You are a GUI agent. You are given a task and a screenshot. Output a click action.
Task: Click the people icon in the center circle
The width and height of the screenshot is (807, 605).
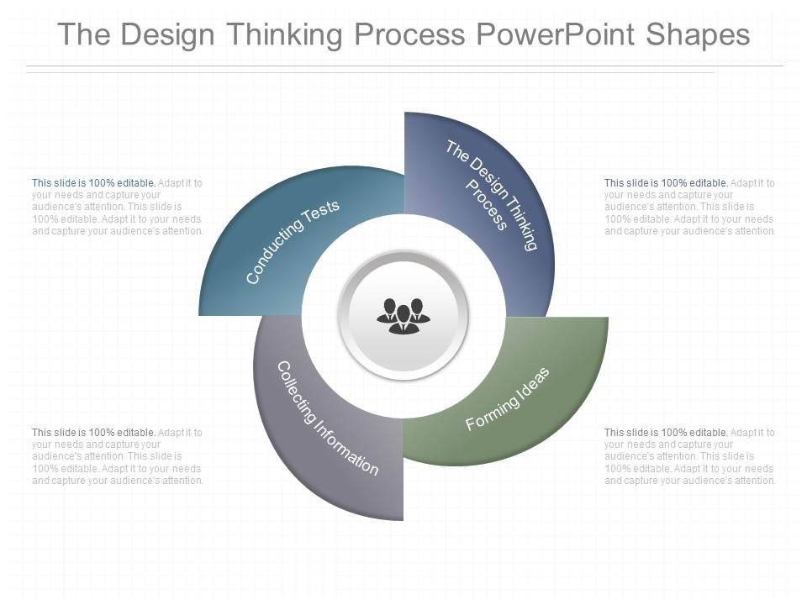[x=403, y=315]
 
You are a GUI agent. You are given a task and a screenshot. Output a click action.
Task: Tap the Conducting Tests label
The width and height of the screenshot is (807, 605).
[x=293, y=242]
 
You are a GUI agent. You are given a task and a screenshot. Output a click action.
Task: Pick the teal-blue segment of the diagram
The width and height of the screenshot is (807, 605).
[x=252, y=260]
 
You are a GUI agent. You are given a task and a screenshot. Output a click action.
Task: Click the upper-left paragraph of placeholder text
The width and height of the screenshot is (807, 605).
[x=118, y=207]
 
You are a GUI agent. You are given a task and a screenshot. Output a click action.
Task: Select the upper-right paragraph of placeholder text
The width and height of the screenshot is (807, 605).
[x=689, y=207]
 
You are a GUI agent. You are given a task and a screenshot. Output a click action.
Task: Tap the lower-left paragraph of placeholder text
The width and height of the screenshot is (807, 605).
[x=118, y=456]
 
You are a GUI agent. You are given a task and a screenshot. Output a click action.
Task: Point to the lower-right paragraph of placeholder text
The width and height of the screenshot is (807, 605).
[x=689, y=456]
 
